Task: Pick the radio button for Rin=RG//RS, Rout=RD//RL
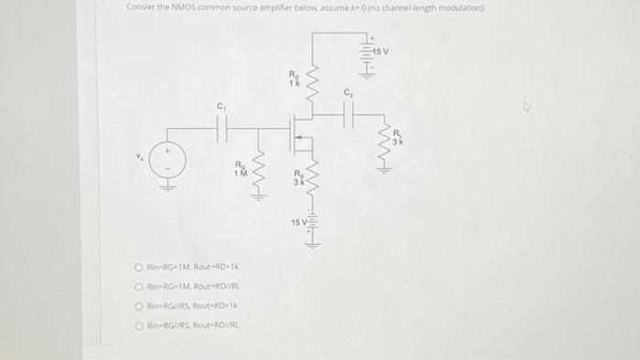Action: point(137,324)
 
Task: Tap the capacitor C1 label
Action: point(220,106)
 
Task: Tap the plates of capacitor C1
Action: point(220,129)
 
